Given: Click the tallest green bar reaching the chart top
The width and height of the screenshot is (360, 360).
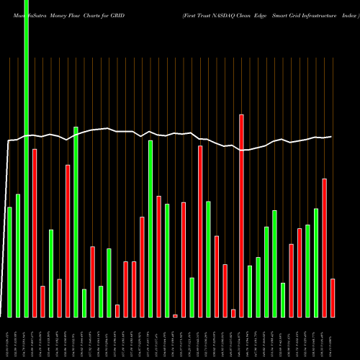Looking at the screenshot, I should pyautogui.click(x=26, y=158).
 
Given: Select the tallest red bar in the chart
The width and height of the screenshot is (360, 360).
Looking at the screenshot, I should pyautogui.click(x=242, y=216).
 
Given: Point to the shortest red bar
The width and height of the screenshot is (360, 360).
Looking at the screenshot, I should pyautogui.click(x=175, y=315).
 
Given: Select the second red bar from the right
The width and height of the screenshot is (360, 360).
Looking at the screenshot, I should pyautogui.click(x=324, y=248).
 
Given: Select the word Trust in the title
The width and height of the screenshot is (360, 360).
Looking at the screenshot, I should pyautogui.click(x=214, y=7).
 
